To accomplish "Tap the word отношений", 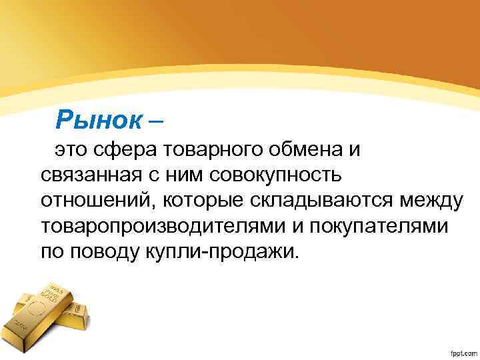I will pos(89,200).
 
